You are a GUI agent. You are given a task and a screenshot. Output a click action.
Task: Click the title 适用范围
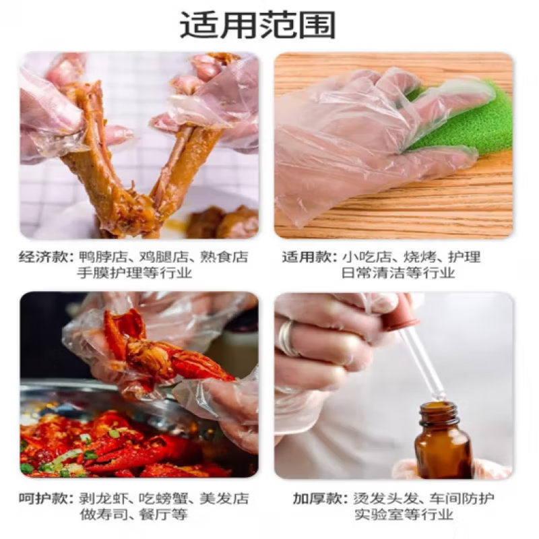(257, 26)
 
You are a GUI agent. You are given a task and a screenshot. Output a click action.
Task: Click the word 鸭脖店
(97, 257)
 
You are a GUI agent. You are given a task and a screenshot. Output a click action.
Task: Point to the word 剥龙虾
(97, 499)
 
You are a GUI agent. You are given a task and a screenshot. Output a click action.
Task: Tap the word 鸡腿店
(162, 257)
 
